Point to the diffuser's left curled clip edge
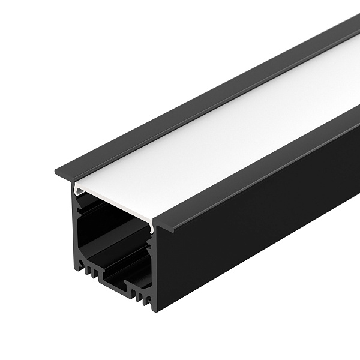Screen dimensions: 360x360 76,190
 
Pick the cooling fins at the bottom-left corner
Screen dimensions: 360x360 87,270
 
